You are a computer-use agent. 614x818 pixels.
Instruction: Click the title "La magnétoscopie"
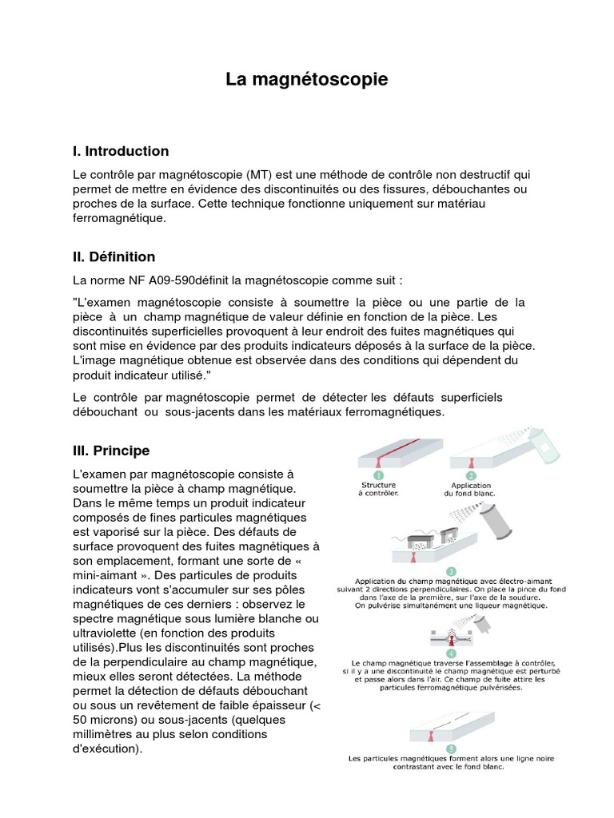[306, 80]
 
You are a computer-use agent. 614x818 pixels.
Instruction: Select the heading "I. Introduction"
[121, 151]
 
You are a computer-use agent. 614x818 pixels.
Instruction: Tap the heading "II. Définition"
[114, 256]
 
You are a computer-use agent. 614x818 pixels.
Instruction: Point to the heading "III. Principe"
[111, 451]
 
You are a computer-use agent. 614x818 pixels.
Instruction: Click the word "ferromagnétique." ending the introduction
[120, 218]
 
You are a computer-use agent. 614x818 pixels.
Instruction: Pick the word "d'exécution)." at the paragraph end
[107, 749]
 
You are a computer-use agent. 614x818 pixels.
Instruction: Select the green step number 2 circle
[470, 475]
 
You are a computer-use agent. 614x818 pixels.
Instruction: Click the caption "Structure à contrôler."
[379, 489]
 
